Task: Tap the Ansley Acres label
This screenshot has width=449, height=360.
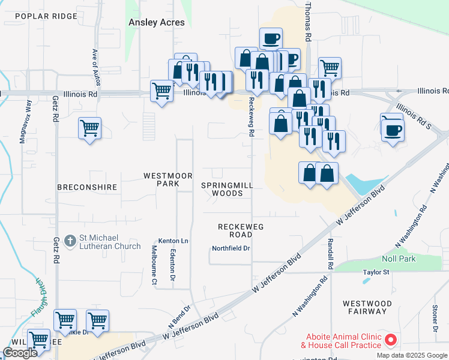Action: (x=156, y=22)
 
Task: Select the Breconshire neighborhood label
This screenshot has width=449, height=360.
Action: (x=86, y=187)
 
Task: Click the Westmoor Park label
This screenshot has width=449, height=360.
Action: (x=167, y=179)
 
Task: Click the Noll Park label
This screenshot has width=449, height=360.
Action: (x=399, y=259)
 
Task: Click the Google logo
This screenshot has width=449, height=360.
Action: (x=20, y=353)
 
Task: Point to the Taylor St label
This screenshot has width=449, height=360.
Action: (x=376, y=272)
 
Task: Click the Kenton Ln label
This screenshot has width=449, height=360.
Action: (x=173, y=241)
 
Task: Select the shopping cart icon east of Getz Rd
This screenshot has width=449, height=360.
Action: (x=89, y=128)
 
